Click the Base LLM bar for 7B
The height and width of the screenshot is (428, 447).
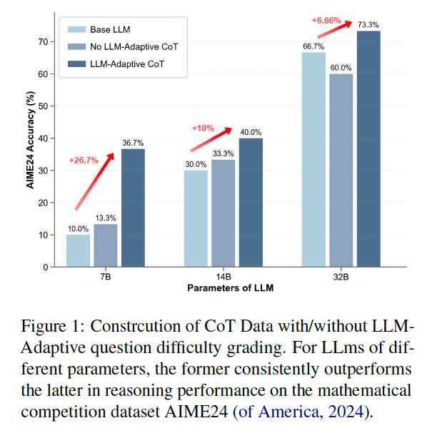click(x=78, y=250)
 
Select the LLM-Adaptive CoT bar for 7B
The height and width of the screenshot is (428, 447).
click(x=133, y=208)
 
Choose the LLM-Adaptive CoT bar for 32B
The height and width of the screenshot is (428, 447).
click(x=368, y=148)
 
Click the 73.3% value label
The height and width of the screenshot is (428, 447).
click(x=368, y=25)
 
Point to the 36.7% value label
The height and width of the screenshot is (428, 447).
click(x=133, y=143)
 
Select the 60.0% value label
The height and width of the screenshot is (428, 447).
click(x=341, y=68)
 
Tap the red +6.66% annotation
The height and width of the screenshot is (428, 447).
click(x=327, y=20)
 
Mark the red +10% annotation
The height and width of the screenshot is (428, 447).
click(x=203, y=128)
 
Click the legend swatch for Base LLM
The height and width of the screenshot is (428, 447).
click(x=77, y=29)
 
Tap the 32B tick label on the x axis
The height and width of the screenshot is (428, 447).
click(x=341, y=277)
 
